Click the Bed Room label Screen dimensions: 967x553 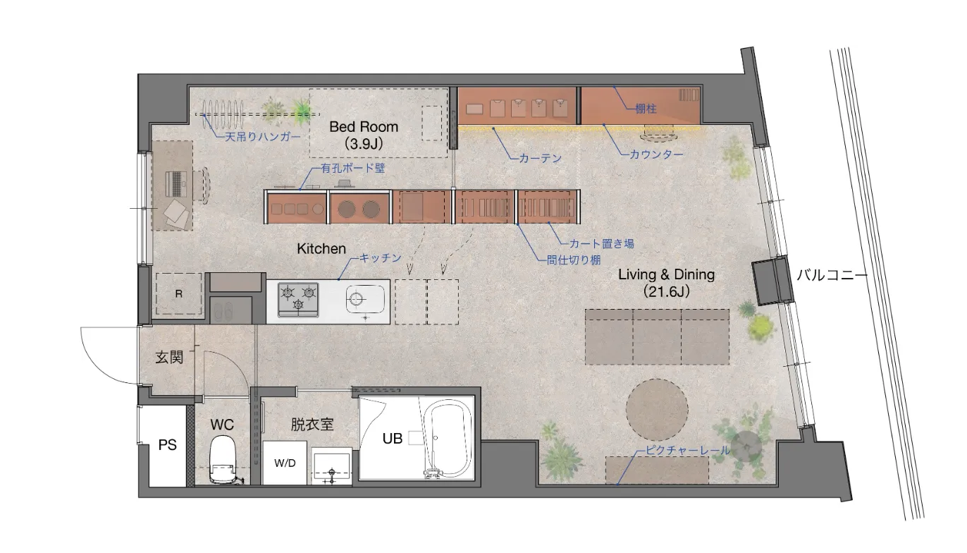point(364,126)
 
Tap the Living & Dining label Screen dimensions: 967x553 point(666,274)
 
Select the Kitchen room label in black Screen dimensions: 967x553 point(321,248)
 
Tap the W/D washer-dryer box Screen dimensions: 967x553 point(285,463)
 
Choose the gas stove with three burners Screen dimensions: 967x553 point(298,299)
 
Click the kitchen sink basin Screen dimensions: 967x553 point(365,299)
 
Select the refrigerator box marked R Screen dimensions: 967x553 point(179,293)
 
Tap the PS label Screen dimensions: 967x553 point(168,445)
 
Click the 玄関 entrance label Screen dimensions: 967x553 point(169,358)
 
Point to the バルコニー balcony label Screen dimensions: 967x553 point(832,275)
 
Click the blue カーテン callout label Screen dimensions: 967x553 point(540,158)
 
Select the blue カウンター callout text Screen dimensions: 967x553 point(657,154)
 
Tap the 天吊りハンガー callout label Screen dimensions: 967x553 point(263,137)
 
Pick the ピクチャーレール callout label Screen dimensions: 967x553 point(687,450)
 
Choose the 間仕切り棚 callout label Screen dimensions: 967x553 point(573,260)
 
